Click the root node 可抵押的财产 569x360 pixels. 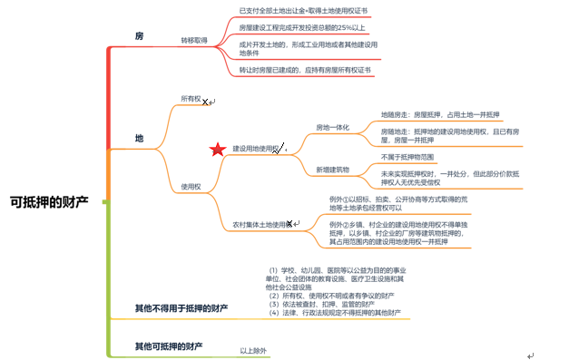click(50, 201)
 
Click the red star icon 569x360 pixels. click(217, 150)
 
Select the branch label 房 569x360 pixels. click(139, 35)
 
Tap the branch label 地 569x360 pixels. click(139, 138)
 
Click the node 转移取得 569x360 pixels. click(194, 41)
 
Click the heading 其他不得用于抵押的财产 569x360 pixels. click(181, 309)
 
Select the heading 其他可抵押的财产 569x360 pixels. click(169, 345)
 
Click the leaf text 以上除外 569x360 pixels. click(253, 350)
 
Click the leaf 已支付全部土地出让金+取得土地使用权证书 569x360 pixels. click(303, 10)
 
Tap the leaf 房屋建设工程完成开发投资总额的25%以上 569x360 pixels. click(303, 26)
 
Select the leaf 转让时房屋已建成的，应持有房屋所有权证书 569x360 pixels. click(305, 69)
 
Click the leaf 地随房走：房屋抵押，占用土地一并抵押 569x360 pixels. click(441, 115)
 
